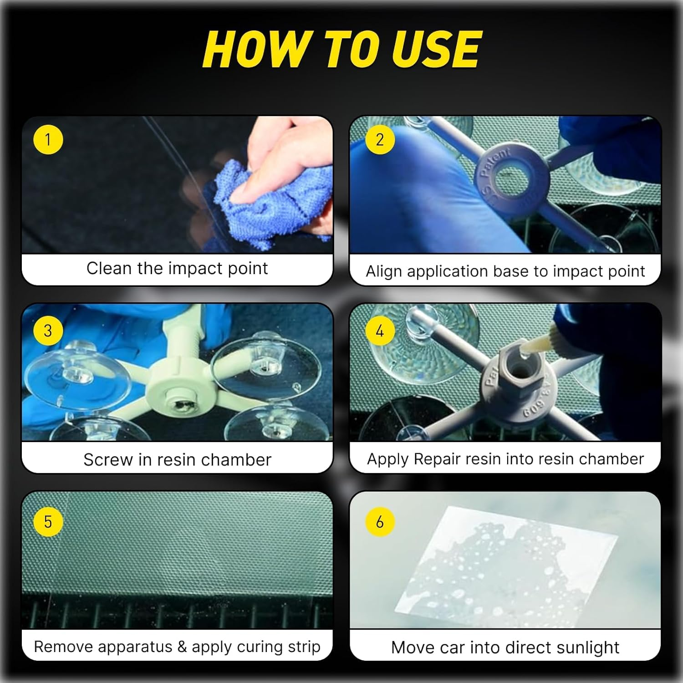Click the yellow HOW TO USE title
coord(341,49)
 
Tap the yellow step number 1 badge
coord(48,139)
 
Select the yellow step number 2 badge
coord(379,139)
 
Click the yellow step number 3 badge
coord(48,331)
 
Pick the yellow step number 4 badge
coord(379,331)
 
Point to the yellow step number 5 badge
coord(48,522)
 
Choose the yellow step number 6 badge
coord(379,522)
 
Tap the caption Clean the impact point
coord(177,269)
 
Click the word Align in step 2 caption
coord(385,271)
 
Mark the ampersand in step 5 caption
coord(182,647)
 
